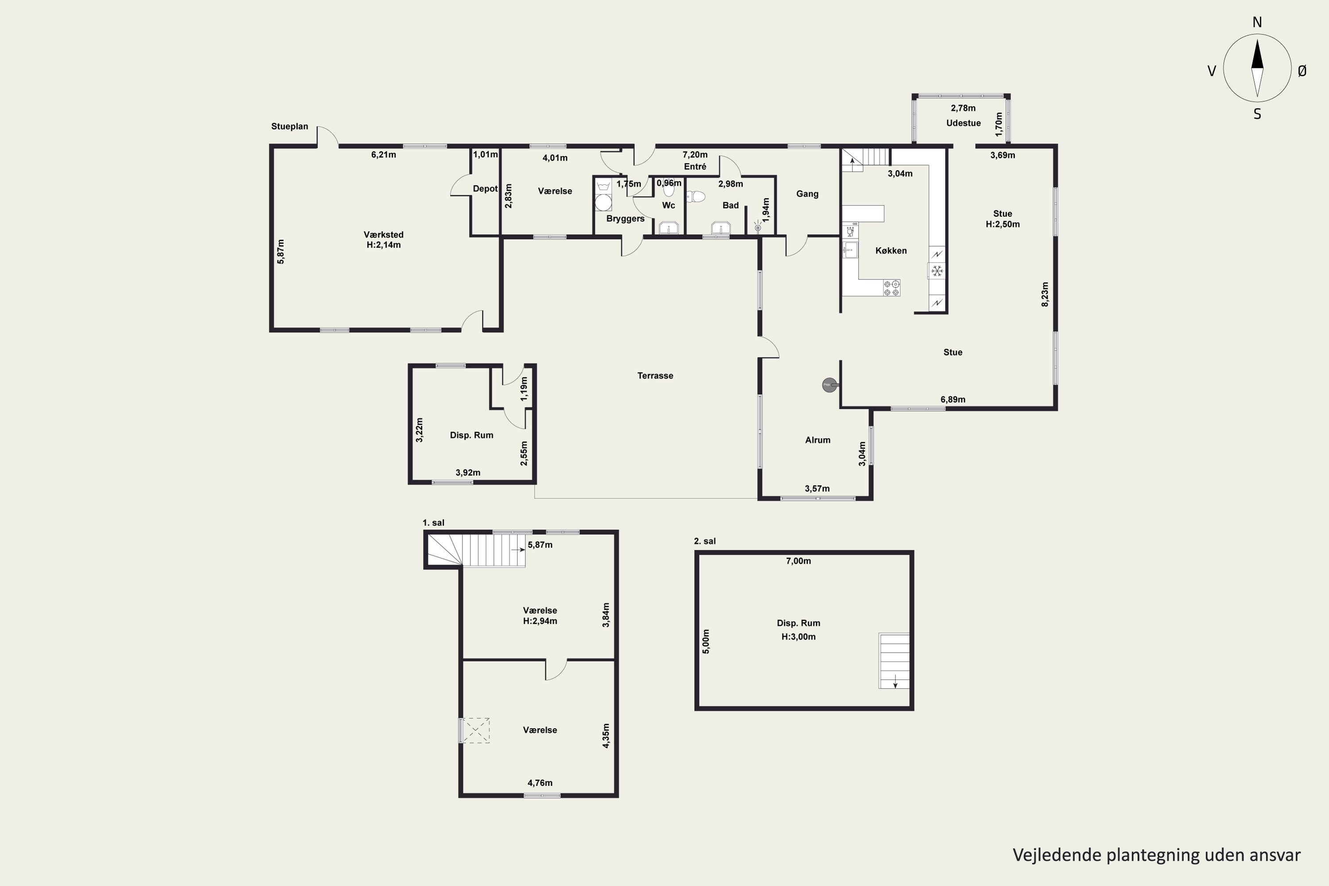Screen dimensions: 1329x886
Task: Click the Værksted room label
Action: [383, 234]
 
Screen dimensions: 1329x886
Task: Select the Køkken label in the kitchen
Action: [890, 250]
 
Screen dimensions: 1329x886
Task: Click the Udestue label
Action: [964, 123]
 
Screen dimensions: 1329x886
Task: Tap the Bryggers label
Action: [625, 219]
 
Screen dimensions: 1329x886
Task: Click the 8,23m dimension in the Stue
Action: [1045, 295]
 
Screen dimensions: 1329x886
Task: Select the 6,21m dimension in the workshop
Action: [384, 155]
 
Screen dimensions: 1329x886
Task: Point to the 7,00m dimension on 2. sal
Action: [798, 561]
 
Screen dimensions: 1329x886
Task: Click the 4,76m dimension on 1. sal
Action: [540, 783]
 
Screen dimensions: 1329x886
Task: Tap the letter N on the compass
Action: [1257, 23]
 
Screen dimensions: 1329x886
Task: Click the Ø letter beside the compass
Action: [1302, 70]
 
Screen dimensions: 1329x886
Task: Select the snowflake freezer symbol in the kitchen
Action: [937, 271]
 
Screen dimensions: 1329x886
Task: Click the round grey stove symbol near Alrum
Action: [829, 385]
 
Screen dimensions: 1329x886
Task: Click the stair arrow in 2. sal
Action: [895, 681]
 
